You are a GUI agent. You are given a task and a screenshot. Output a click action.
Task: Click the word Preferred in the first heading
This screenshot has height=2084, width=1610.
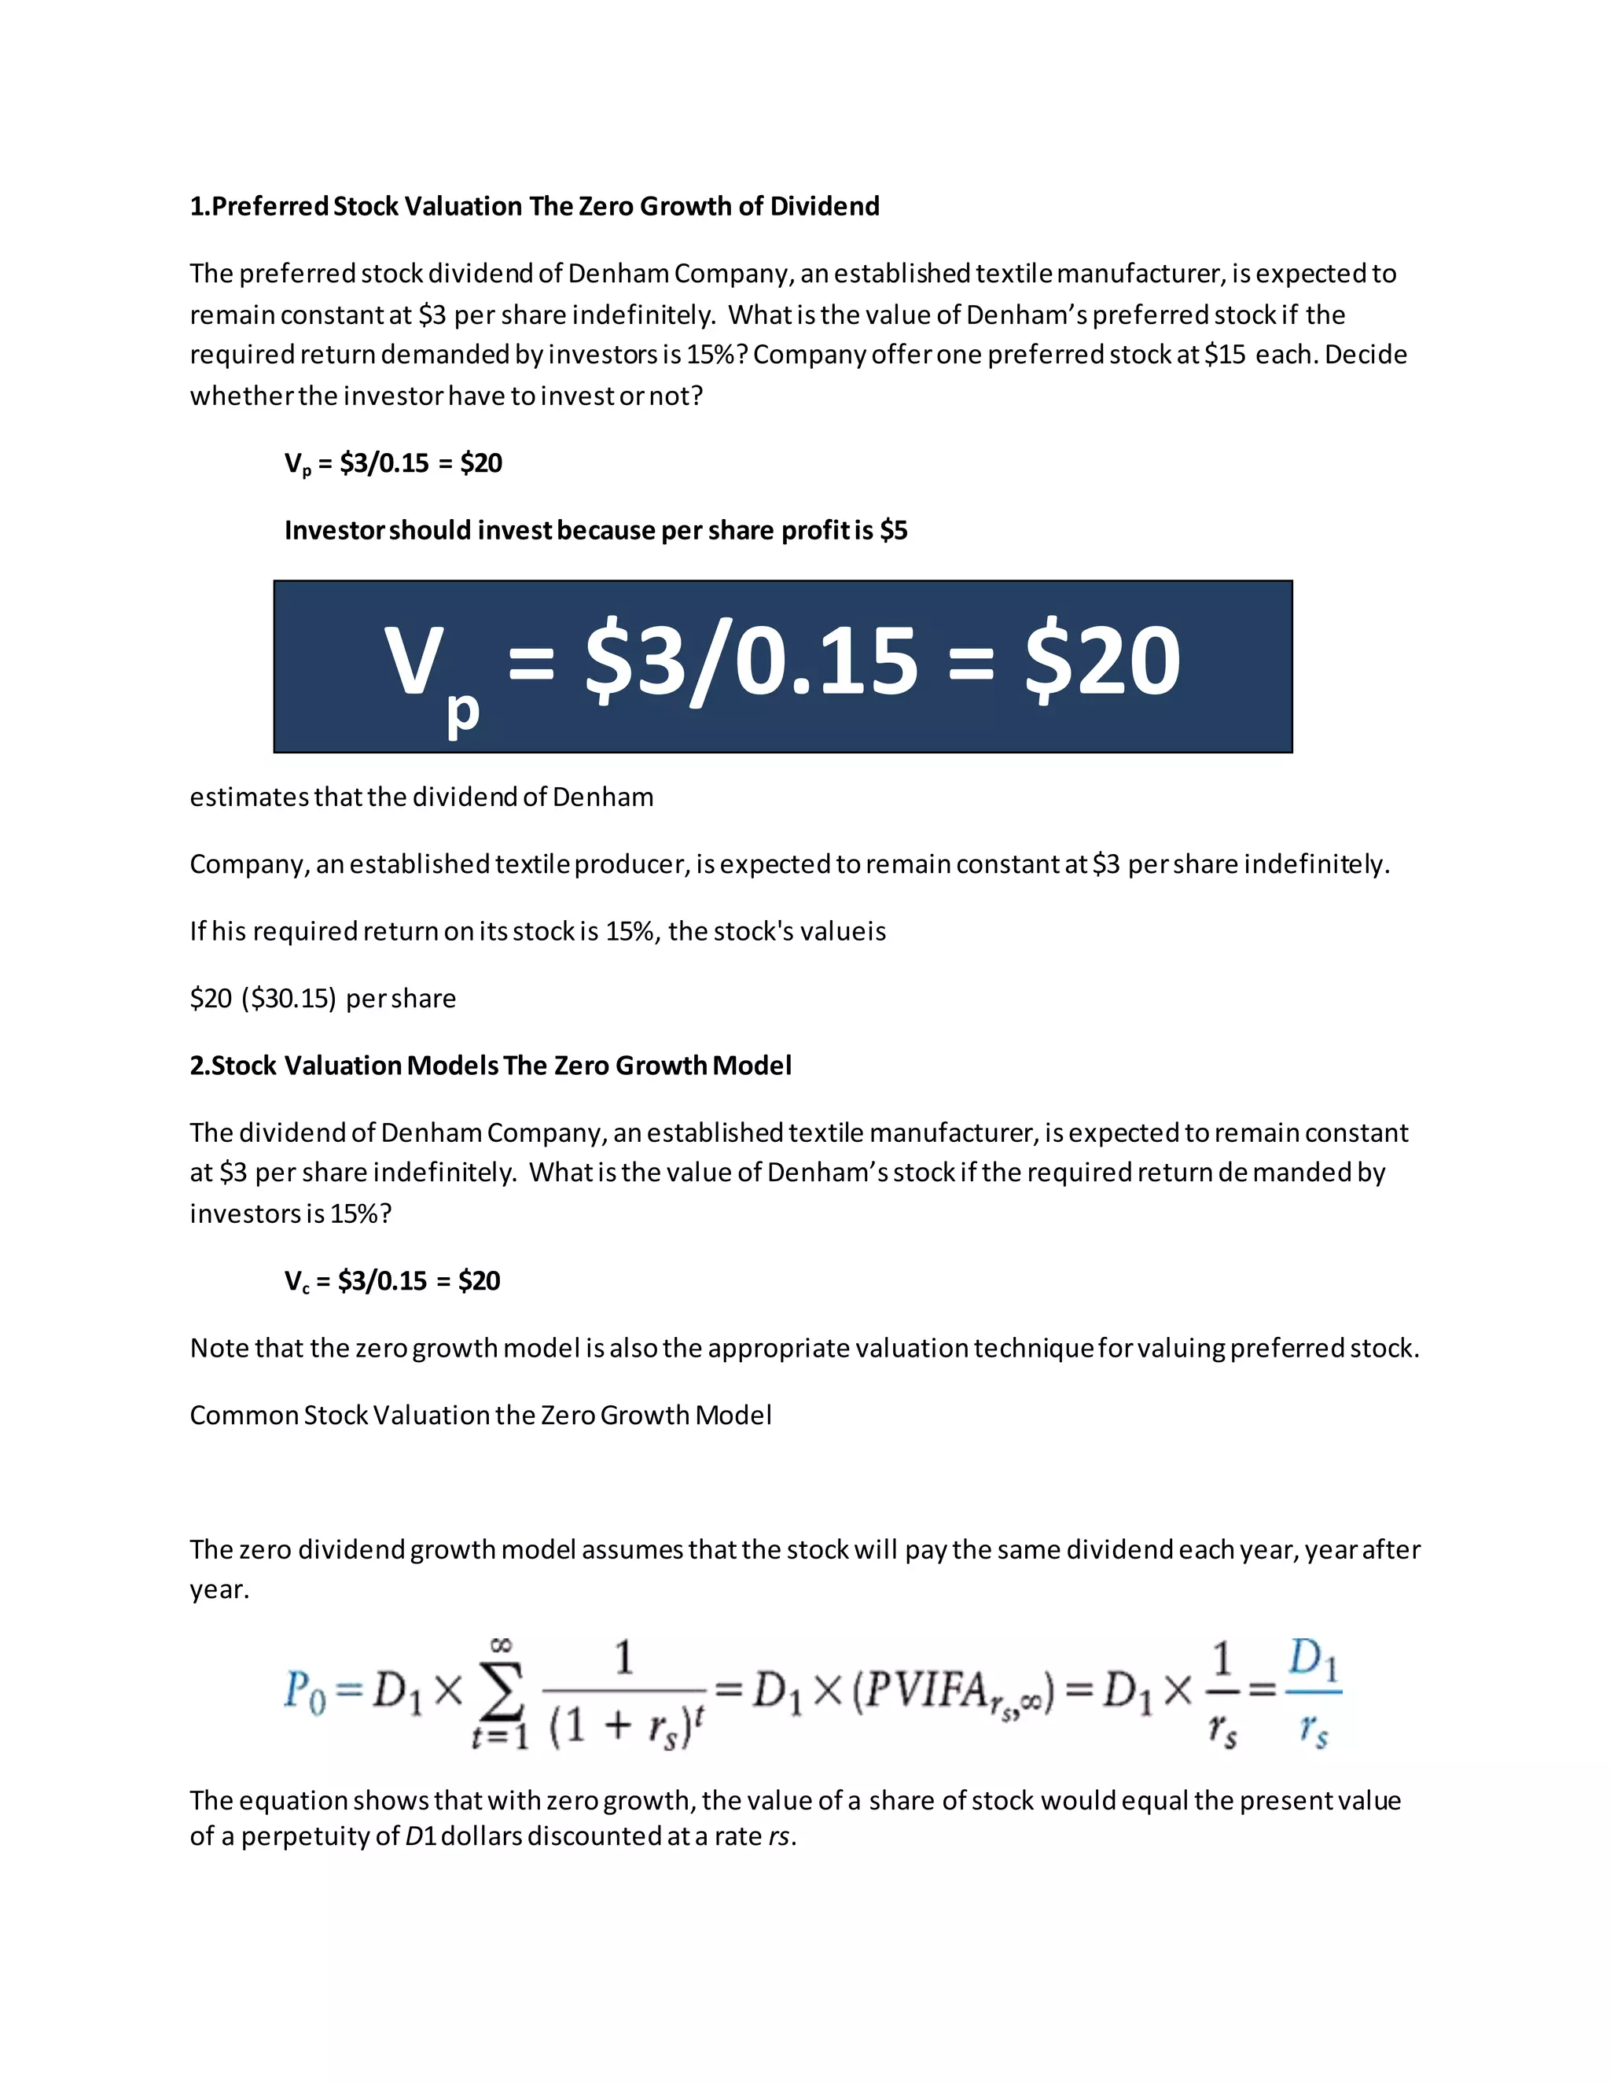269,206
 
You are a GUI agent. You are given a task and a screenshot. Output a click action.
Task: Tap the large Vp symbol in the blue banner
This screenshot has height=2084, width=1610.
429,672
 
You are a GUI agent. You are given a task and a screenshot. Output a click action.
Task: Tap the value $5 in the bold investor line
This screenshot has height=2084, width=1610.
894,531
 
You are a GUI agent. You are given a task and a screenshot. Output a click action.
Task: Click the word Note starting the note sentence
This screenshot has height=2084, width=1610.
215,1348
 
